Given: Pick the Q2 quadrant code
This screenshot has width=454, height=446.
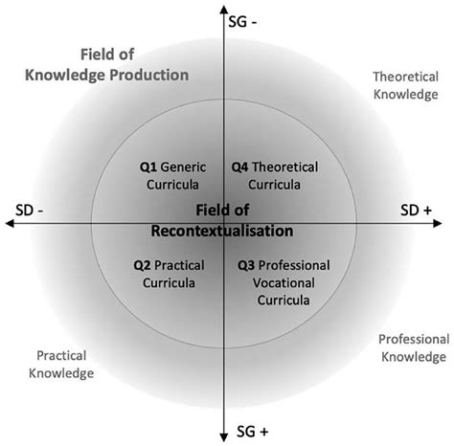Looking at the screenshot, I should pyautogui.click(x=145, y=265).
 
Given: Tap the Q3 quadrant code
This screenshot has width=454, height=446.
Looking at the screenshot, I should pyautogui.click(x=246, y=265).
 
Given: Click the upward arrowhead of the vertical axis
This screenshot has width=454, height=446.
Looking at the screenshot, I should pyautogui.click(x=223, y=8).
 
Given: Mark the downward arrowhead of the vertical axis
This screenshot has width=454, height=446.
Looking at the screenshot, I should pyautogui.click(x=223, y=439).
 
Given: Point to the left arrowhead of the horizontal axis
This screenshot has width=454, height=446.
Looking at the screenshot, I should pyautogui.click(x=9, y=223).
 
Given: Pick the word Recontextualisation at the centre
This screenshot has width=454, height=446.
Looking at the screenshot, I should pyautogui.click(x=222, y=231).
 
